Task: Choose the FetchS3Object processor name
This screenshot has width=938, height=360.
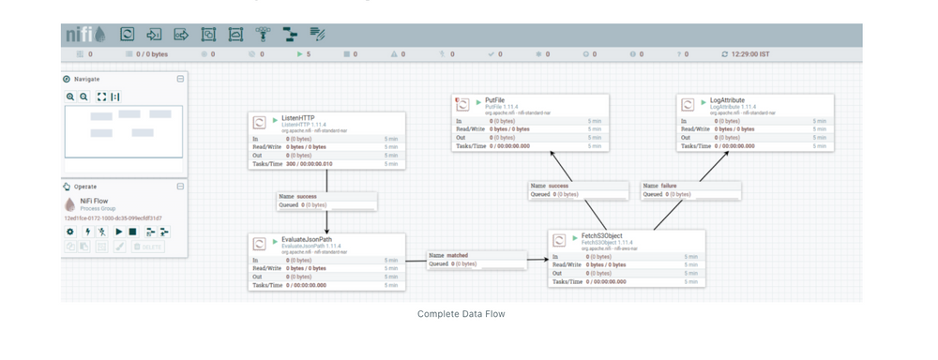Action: click(601, 235)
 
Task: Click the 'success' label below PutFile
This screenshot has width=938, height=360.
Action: click(559, 186)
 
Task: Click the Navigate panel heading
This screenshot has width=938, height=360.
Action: click(86, 79)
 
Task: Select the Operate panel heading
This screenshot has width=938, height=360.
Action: click(85, 187)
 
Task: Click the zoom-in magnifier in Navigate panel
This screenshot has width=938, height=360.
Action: click(70, 97)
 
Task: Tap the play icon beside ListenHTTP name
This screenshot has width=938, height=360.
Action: click(275, 120)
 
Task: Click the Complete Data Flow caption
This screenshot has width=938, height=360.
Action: click(461, 314)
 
